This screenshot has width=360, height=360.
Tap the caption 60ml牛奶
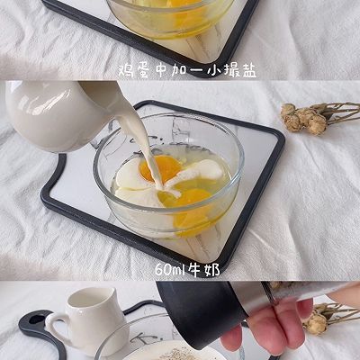pyautogui.click(x=186, y=268)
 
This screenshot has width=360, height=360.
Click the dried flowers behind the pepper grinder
pyautogui.click(x=317, y=319)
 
